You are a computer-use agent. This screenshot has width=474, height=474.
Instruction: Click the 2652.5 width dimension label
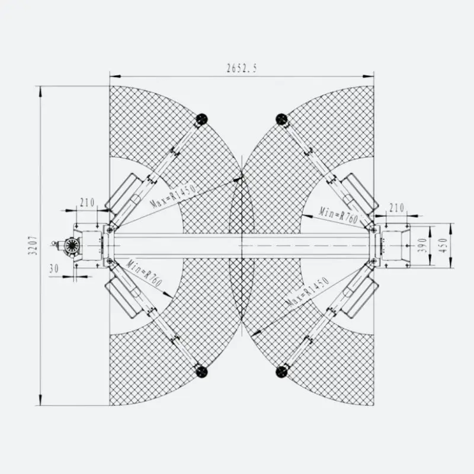(x=242, y=68)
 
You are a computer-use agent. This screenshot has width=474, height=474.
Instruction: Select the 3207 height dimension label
(x=33, y=245)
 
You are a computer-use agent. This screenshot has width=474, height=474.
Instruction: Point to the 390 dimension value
(x=423, y=245)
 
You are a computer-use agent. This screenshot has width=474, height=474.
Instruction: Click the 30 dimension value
(x=54, y=268)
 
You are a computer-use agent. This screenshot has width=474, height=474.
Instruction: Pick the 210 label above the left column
(x=87, y=203)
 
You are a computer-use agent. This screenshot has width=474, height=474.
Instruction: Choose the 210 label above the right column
(x=396, y=208)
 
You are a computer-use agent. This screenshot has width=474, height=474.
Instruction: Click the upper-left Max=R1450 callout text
(x=173, y=196)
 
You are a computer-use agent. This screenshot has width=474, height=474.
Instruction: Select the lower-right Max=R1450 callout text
(x=308, y=292)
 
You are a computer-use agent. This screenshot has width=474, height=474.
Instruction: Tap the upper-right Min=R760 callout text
(x=338, y=214)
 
